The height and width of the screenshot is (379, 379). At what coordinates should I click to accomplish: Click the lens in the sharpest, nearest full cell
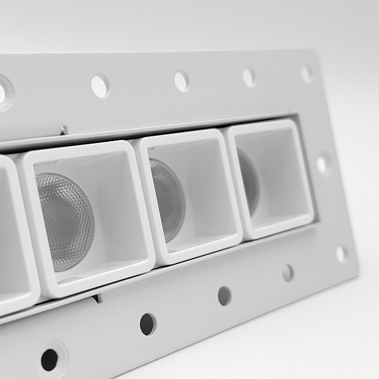click(x=64, y=220)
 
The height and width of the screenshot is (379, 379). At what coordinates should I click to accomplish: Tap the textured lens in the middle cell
click(x=166, y=199)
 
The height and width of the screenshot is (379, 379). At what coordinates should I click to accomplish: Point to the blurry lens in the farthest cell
click(x=248, y=180)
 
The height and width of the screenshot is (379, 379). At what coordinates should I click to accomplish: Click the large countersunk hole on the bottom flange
click(x=50, y=359)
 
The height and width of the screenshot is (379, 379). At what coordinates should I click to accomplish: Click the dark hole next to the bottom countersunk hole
click(x=147, y=324)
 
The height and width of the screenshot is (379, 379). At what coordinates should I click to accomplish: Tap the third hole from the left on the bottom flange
click(x=224, y=296)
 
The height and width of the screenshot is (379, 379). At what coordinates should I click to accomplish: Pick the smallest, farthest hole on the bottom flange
click(x=287, y=273)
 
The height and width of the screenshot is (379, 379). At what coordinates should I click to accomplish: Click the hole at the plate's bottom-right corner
click(x=341, y=253)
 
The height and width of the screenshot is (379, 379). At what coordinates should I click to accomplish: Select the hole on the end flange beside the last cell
click(x=322, y=164)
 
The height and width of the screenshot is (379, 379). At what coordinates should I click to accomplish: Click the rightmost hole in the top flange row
click(x=306, y=74)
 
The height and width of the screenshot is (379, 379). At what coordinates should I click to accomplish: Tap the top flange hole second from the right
click(x=249, y=78)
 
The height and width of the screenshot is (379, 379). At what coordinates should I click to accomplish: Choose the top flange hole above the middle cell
click(x=182, y=81)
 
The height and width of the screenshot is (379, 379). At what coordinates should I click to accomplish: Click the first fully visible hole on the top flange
click(x=100, y=86)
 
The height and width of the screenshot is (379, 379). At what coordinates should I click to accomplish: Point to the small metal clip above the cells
click(x=64, y=131)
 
